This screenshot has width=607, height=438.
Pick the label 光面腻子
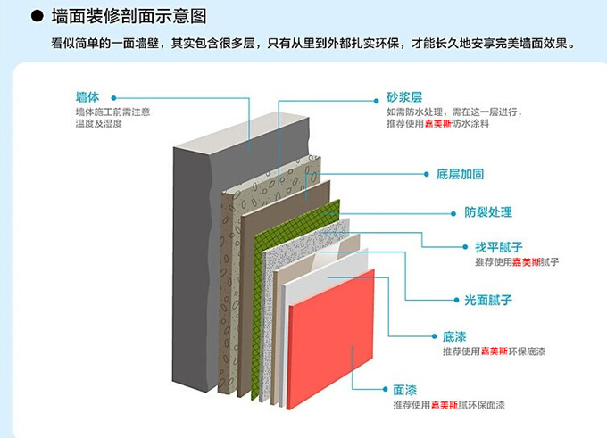[464, 301]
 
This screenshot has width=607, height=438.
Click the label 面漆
[404, 390]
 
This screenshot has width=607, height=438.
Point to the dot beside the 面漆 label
[383, 391]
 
